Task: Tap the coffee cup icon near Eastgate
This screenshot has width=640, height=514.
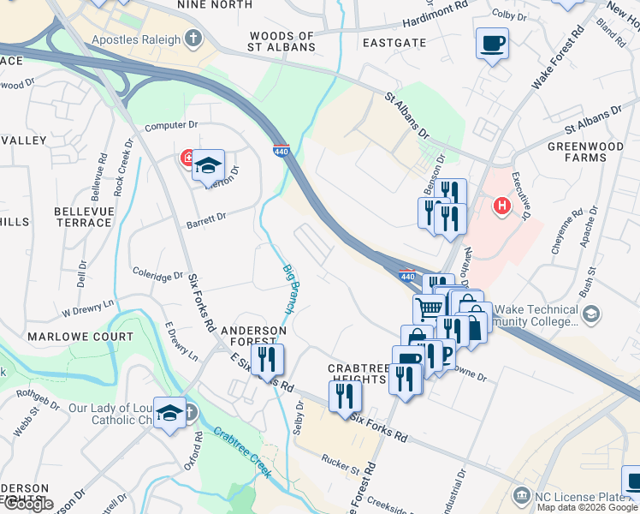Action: click(x=492, y=43)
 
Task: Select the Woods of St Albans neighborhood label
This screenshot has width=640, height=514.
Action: click(x=281, y=41)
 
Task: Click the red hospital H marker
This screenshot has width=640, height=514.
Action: click(x=502, y=206)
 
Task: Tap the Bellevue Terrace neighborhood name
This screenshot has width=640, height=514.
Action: click(x=82, y=217)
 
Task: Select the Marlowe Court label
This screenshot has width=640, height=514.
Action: click(x=80, y=337)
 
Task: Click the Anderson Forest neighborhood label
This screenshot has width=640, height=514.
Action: click(x=253, y=336)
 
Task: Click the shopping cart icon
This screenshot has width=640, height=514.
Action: click(x=429, y=308)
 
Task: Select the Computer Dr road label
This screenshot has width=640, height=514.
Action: click(x=171, y=126)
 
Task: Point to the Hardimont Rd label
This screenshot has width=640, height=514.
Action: click(x=436, y=6)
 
